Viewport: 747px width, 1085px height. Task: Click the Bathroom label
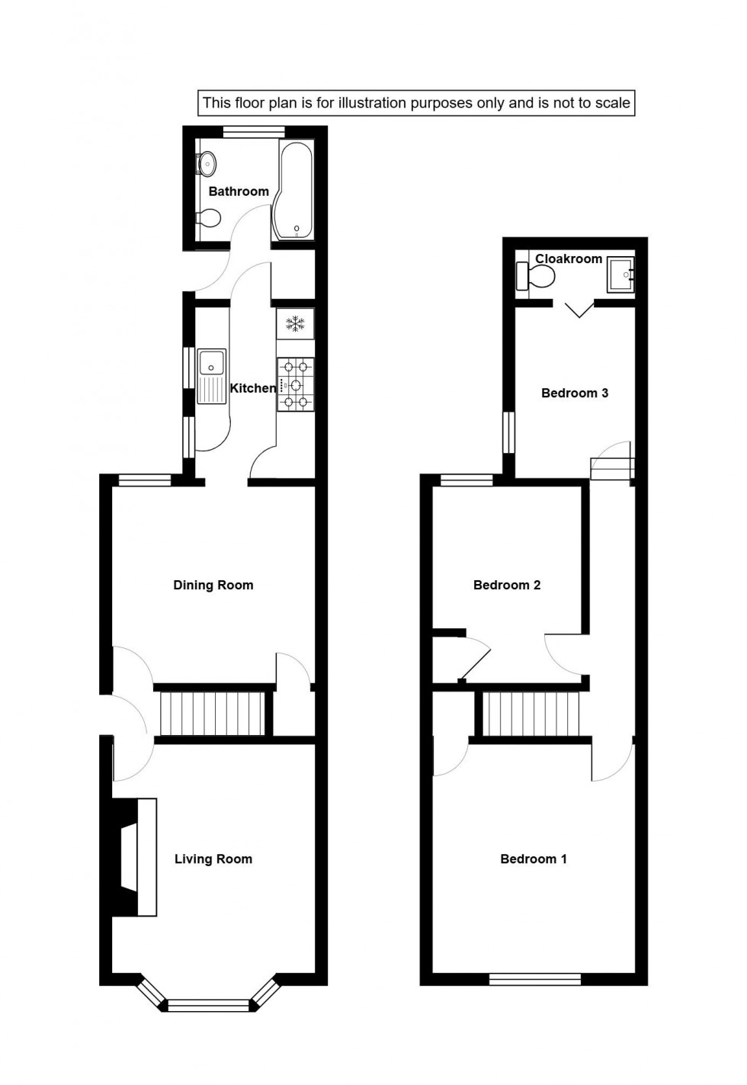(x=239, y=191)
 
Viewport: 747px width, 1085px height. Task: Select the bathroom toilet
(x=207, y=219)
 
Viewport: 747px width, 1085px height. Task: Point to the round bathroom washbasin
(x=207, y=163)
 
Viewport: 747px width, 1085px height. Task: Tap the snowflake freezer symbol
(x=295, y=323)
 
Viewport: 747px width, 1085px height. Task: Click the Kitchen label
(x=253, y=389)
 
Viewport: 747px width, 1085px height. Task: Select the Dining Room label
(x=213, y=586)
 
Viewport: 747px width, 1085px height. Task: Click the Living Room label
(x=213, y=859)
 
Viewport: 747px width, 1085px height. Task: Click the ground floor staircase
(x=213, y=713)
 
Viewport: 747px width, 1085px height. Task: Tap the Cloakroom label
(x=569, y=259)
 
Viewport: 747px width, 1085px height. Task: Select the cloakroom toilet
(x=534, y=276)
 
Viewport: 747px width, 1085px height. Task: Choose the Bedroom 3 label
(x=575, y=393)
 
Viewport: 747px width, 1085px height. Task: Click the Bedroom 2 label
(x=507, y=586)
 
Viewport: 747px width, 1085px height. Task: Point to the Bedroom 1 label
(x=534, y=859)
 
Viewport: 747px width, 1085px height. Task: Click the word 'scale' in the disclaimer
(x=614, y=103)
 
